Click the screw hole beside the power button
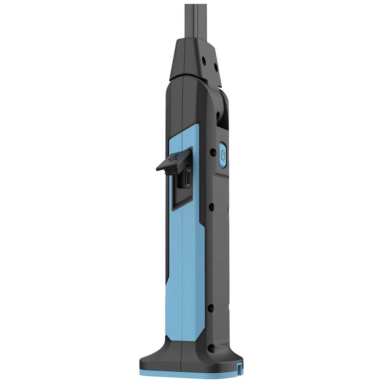pyautogui.click(x=211, y=152)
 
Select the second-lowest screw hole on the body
pyautogui.click(x=210, y=308)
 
